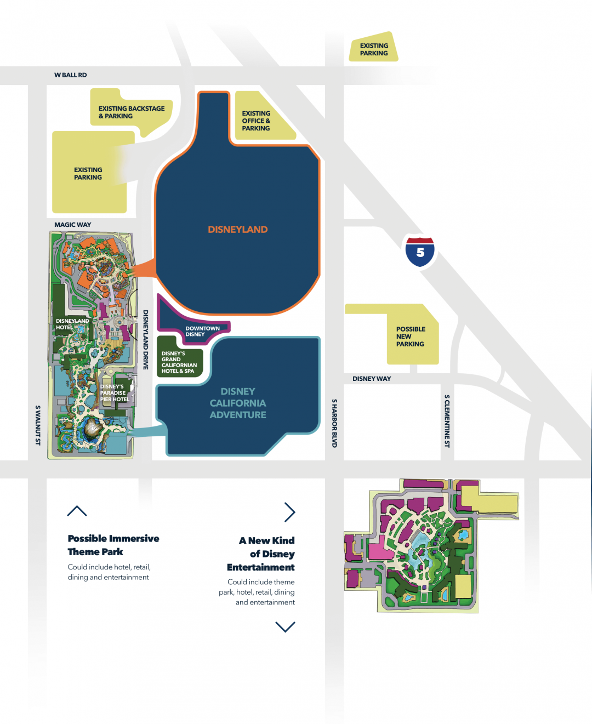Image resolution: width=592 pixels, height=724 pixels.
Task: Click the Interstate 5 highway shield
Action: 420,252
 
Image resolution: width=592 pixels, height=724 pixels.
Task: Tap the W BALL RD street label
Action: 70,75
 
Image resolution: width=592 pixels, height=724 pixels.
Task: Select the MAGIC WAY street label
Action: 72,225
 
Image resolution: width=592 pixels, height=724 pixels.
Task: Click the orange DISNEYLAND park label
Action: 237,230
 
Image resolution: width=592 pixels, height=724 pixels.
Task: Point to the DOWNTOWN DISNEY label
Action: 202,331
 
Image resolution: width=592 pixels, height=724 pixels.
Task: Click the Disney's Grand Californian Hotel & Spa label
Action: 179,362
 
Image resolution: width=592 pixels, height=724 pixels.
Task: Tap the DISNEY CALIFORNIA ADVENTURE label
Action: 238,403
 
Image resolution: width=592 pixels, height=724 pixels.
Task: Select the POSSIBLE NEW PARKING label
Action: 411,337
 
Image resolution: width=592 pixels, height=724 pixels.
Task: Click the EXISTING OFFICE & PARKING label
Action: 256,121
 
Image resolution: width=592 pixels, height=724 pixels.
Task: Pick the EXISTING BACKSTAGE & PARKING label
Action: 131,112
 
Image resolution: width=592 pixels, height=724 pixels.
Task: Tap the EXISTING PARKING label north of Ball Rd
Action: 374,49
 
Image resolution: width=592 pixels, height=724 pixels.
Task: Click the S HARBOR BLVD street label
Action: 334,423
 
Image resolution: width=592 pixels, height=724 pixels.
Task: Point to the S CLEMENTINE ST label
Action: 447,421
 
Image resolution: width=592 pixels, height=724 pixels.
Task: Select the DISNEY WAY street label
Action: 372,379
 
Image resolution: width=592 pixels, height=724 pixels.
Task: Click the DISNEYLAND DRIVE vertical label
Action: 146,340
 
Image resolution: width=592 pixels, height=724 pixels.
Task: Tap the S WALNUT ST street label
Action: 38,425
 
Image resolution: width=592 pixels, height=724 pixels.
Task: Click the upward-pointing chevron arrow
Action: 77,511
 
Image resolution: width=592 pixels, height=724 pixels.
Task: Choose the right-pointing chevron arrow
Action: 289,512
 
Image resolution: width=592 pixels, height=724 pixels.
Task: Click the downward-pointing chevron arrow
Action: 285,627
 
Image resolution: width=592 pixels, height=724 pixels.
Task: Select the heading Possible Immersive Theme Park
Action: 113,545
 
